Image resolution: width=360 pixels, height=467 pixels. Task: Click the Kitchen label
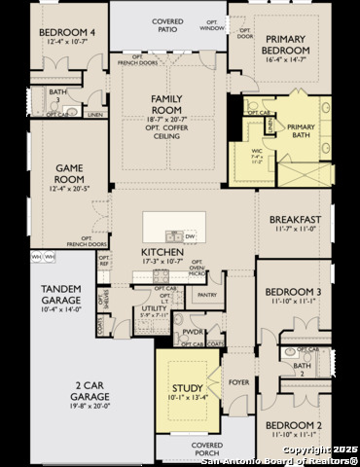(162, 253)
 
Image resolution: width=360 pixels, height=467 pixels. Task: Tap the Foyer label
(238, 382)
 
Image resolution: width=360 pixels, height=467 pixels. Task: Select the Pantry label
(205, 294)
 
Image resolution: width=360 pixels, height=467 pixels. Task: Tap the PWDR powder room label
(193, 332)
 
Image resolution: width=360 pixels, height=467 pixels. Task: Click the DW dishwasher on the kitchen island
(190, 236)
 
